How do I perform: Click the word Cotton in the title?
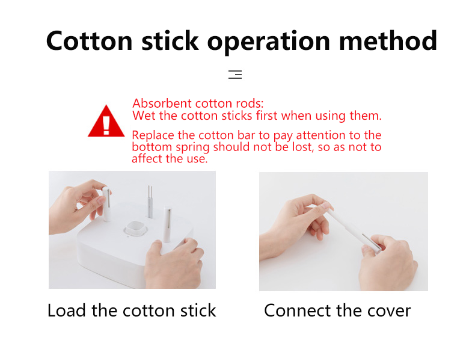point(90,40)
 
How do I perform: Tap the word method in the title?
point(388,40)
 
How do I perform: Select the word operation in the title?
point(268,43)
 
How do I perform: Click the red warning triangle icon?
point(106,121)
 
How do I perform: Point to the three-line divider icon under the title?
point(235,74)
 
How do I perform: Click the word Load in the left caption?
point(67,310)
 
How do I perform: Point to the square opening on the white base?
point(135,228)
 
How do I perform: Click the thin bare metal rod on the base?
point(150,202)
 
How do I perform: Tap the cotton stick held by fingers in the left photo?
point(106,204)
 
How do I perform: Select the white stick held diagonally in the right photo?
point(353,230)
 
